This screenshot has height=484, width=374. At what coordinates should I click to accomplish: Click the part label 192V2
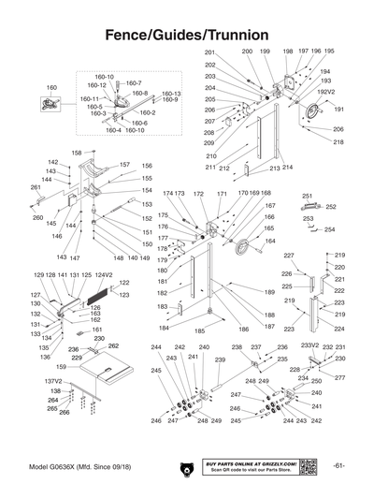(x=325, y=92)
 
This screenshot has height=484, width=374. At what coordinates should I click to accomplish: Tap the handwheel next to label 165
(x=245, y=248)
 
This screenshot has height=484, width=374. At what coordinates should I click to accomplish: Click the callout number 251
(x=306, y=196)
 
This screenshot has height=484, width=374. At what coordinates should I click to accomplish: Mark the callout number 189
(x=269, y=293)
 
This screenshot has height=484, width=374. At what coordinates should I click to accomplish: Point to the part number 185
(x=199, y=331)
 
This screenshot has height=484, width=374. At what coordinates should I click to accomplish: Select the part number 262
(x=113, y=346)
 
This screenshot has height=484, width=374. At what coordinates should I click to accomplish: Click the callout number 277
(x=339, y=377)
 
